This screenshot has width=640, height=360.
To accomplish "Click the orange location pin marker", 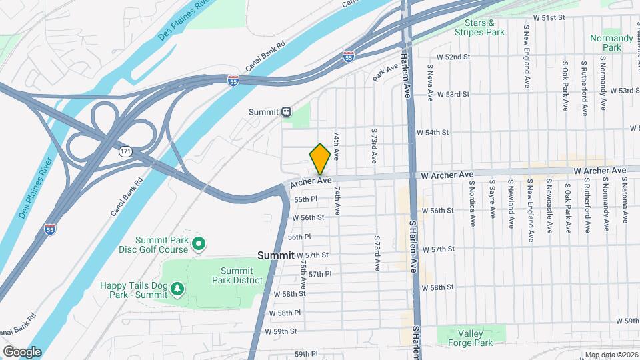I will (x=320, y=159).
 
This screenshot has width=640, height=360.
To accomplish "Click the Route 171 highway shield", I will (x=125, y=152).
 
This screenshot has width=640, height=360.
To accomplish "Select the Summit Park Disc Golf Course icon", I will (x=198, y=245).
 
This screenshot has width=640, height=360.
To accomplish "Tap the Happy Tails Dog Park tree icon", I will (x=177, y=289).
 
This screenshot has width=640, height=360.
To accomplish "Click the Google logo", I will (x=22, y=351).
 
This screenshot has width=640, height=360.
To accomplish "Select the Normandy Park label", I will (x=611, y=43).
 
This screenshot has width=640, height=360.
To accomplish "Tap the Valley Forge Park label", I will (x=475, y=338).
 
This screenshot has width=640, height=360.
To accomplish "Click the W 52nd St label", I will (x=453, y=57).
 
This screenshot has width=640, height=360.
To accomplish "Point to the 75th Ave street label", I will (x=303, y=274).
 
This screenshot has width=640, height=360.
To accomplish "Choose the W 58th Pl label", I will (x=285, y=313).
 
